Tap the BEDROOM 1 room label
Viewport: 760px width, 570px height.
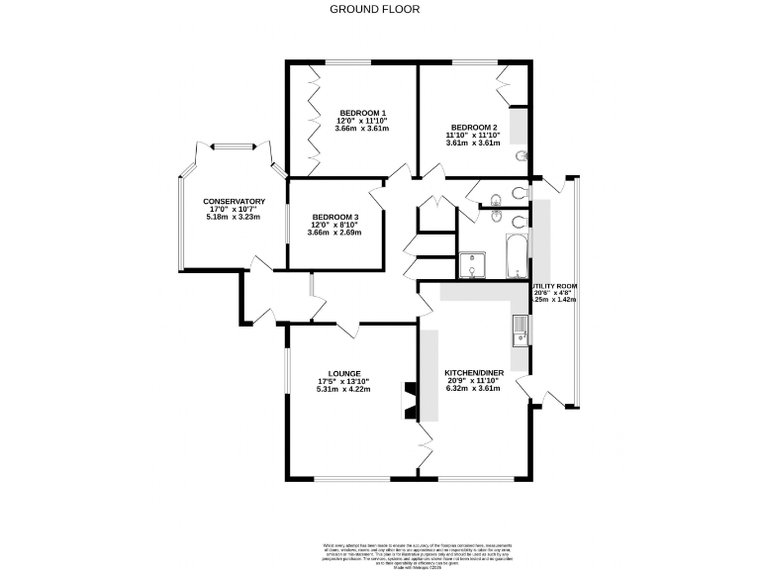click(x=361, y=112)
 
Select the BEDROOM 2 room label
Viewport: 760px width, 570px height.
click(x=473, y=127)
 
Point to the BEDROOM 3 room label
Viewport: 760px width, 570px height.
click(x=334, y=217)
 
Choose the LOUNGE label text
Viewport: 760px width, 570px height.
click(x=343, y=373)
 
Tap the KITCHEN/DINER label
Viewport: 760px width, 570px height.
click(x=474, y=372)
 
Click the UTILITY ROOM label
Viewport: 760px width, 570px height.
click(x=555, y=285)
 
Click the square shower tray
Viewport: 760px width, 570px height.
click(x=474, y=264)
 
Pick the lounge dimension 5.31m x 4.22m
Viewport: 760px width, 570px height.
click(x=343, y=390)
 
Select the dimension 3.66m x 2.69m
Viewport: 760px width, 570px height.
click(x=334, y=233)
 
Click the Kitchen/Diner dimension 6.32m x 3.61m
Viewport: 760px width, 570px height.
click(x=474, y=389)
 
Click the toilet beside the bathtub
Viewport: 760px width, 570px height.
click(x=519, y=221)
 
